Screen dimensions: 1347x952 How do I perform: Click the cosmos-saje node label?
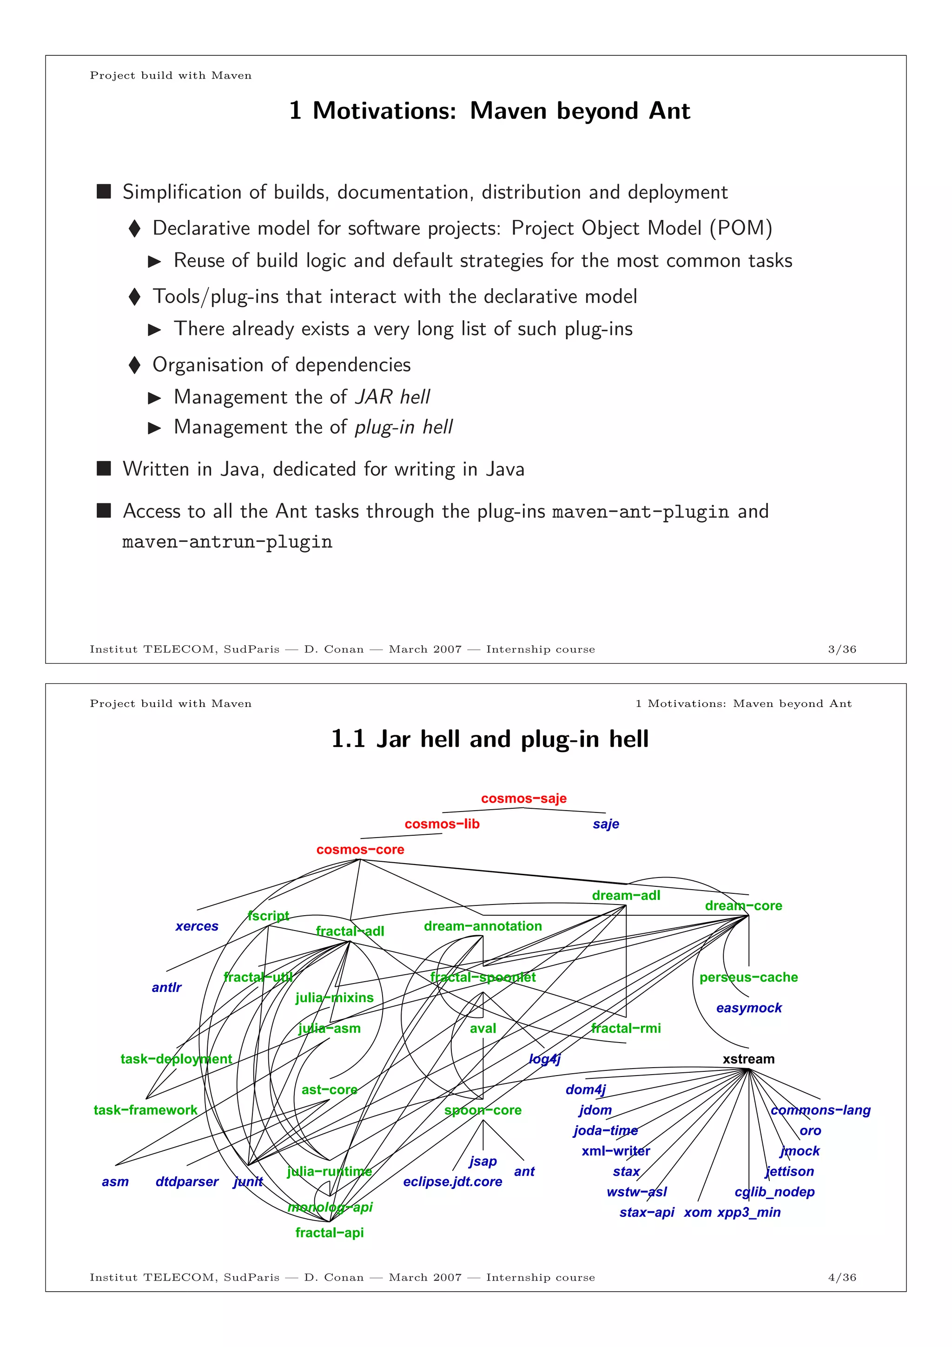click(523, 799)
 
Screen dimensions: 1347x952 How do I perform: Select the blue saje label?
click(605, 824)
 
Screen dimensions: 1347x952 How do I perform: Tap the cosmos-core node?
click(360, 850)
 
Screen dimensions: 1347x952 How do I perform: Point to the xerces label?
click(197, 926)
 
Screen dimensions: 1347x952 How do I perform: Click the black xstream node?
click(748, 1059)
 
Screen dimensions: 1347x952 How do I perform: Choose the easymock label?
click(748, 1008)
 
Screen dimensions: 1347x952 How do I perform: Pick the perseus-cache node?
click(748, 977)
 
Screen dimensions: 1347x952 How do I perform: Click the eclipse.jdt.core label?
click(452, 1182)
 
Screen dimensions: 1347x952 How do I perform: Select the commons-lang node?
click(820, 1110)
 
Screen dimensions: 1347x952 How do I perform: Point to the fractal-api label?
click(329, 1233)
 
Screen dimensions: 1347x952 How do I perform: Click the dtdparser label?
click(186, 1182)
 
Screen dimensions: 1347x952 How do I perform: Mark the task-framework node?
click(145, 1110)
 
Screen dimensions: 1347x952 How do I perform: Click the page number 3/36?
click(842, 649)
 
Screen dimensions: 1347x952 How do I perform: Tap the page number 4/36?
click(842, 1277)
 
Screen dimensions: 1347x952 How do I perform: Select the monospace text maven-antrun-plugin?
click(227, 541)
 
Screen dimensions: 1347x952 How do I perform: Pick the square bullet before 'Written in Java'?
click(104, 468)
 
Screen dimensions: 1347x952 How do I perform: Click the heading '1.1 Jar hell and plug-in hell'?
click(490, 739)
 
